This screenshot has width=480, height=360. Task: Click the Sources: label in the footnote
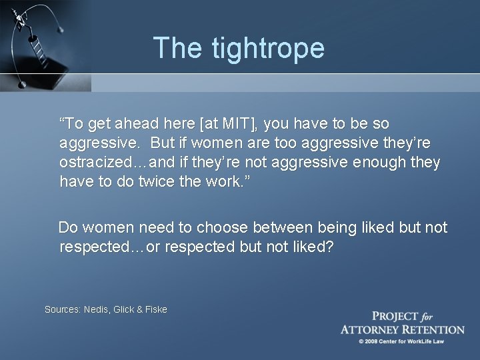click(62, 309)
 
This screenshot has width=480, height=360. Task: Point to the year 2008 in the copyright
click(371, 341)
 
